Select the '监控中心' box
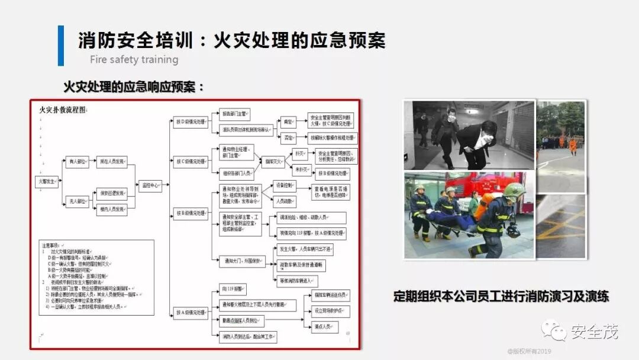[149, 185]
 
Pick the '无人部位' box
[78, 202]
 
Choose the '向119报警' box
[232, 290]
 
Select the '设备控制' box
[285, 186]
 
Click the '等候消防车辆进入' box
[298, 281]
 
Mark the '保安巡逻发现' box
[112, 193]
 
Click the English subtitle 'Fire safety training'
[134, 60]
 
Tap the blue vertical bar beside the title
[60, 46]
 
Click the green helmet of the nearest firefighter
[513, 190]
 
